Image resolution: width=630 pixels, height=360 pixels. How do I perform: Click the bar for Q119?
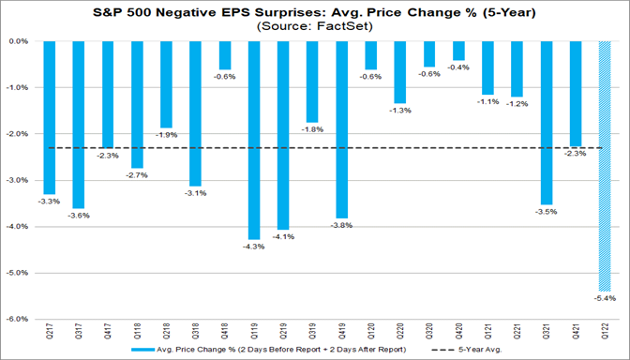coord(254,140)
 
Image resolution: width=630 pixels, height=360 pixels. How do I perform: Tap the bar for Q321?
coord(547,123)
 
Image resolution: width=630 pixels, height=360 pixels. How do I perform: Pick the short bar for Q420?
coord(458,51)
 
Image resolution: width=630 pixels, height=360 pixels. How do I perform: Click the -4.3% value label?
coord(254,247)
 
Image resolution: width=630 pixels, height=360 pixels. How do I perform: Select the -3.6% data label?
coord(78,216)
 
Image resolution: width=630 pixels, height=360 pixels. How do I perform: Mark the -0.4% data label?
coord(458,68)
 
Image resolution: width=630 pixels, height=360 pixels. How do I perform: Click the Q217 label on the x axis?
coord(49,333)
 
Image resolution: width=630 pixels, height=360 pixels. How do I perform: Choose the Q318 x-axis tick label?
coord(195,333)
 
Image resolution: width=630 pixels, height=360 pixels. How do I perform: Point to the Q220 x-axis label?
coord(400,333)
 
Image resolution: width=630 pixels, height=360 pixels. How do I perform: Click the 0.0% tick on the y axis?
coord(19,42)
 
